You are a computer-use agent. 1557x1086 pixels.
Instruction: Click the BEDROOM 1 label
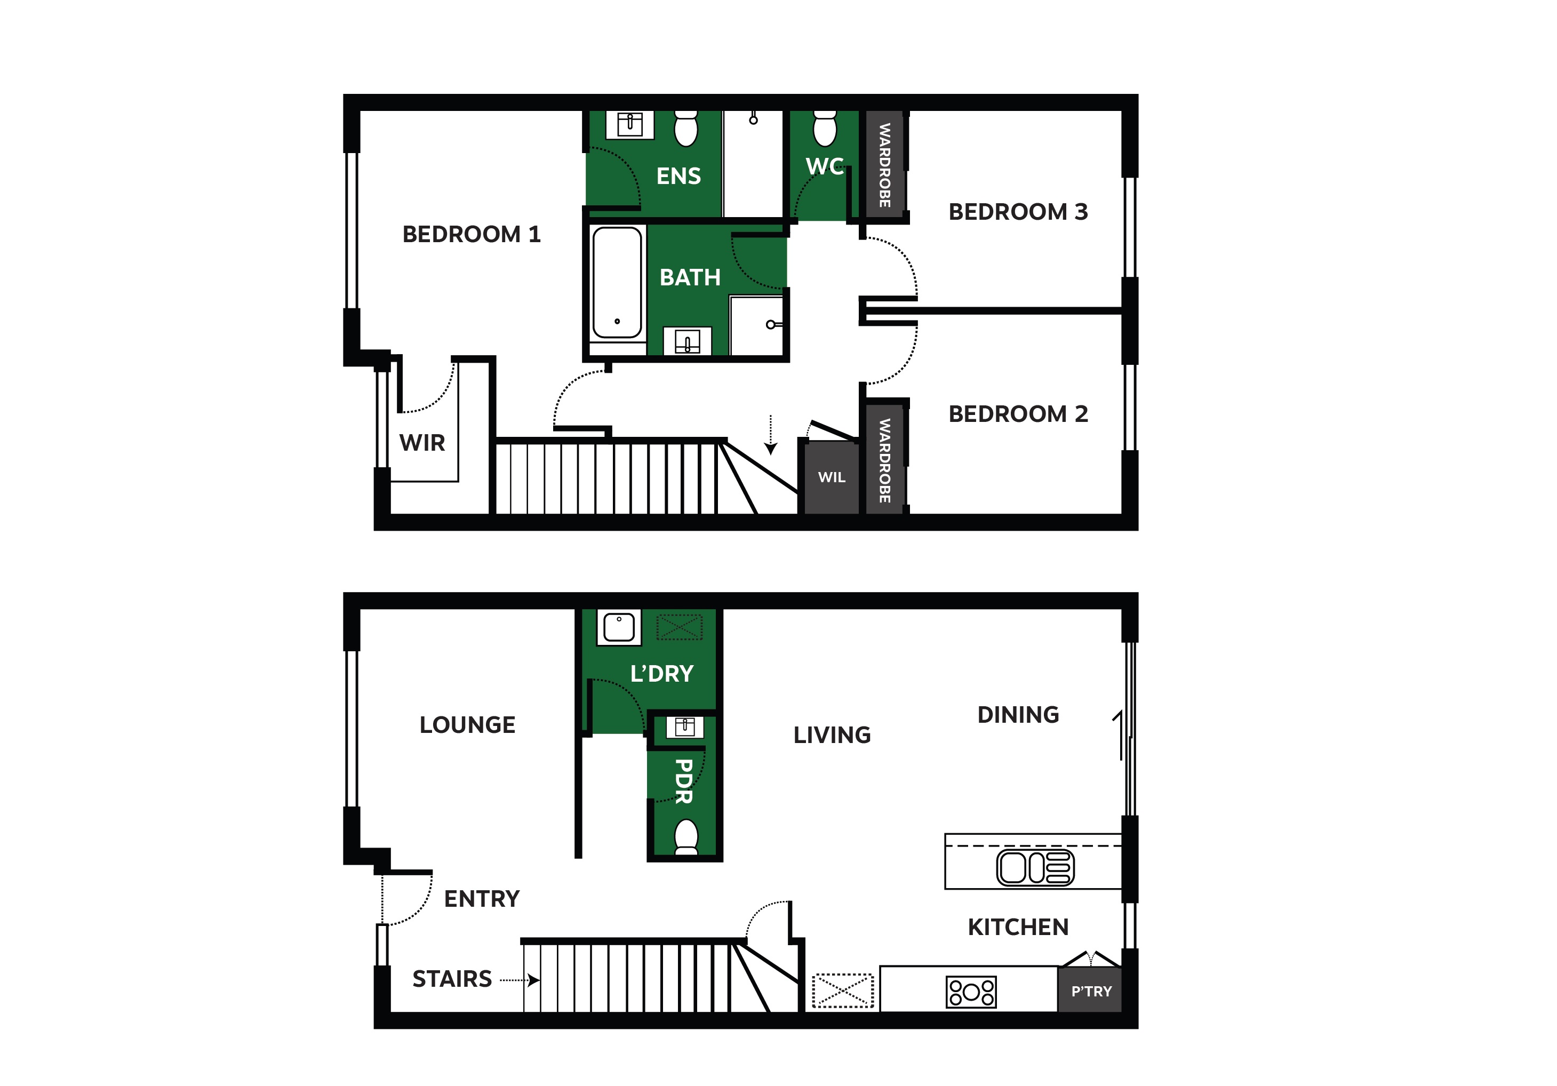click(x=472, y=234)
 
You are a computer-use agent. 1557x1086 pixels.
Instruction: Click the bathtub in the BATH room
click(x=617, y=282)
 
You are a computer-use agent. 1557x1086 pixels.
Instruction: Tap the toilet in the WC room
click(x=825, y=128)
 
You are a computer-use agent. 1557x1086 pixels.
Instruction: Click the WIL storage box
click(x=832, y=477)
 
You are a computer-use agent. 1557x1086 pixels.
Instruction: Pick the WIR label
click(x=422, y=443)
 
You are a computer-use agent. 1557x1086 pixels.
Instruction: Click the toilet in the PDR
click(x=686, y=836)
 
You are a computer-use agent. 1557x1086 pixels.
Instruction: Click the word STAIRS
click(x=452, y=979)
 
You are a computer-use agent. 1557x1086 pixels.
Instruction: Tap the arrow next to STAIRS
click(x=520, y=980)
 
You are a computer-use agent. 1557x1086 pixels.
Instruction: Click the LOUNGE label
click(x=467, y=725)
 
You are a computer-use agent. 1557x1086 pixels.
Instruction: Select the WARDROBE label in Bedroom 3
click(x=884, y=165)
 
